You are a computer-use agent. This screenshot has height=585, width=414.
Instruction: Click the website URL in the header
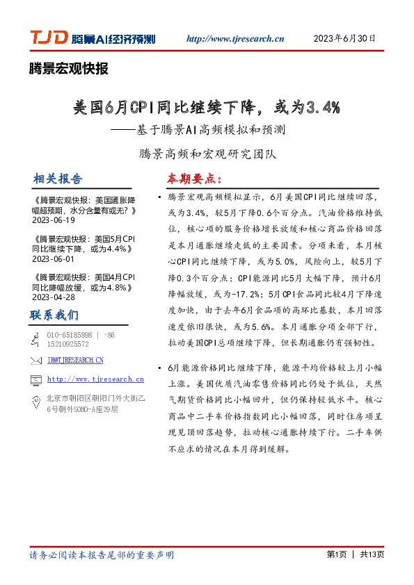pyautogui.click(x=237, y=39)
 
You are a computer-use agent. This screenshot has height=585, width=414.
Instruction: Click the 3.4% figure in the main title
pyautogui.click(x=321, y=107)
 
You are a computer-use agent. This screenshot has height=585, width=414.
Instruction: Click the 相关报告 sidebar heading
pyautogui.click(x=57, y=179)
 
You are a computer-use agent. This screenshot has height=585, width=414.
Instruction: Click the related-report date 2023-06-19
pyautogui.click(x=53, y=220)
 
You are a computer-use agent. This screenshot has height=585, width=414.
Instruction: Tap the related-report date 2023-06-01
pyautogui.click(x=53, y=258)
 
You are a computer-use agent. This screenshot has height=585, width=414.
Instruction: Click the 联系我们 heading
pyautogui.click(x=54, y=315)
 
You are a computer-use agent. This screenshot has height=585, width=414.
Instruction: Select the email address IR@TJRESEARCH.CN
pyautogui.click(x=75, y=360)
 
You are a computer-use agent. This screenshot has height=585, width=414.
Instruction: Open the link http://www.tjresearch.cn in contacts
pyautogui.click(x=95, y=379)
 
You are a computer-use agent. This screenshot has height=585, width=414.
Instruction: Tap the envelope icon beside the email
pyautogui.click(x=36, y=360)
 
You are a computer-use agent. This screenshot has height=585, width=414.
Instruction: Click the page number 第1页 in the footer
pyautogui.click(x=336, y=554)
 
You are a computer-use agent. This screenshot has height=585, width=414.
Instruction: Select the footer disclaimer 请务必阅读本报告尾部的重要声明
pyautogui.click(x=102, y=554)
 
